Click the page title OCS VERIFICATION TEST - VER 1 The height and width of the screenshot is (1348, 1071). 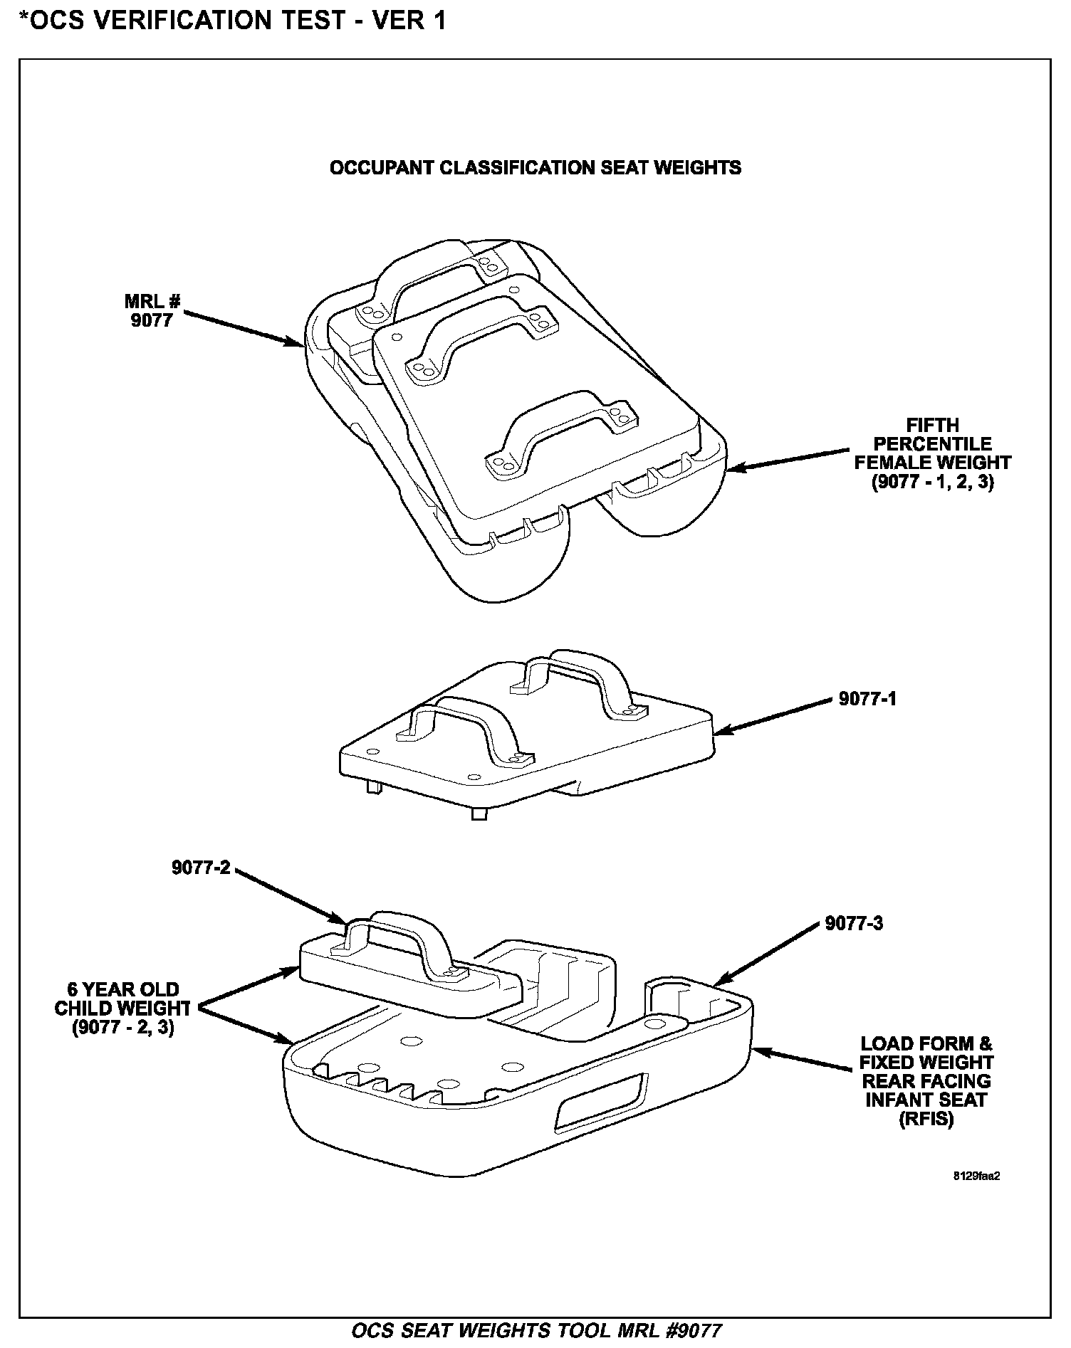[232, 20]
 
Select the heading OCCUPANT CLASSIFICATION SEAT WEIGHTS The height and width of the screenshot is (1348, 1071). [535, 168]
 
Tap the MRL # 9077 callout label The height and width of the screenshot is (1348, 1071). [152, 311]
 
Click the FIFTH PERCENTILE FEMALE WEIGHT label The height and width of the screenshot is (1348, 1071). [932, 453]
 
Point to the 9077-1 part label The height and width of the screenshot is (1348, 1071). [867, 699]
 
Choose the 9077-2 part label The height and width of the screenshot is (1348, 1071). [201, 868]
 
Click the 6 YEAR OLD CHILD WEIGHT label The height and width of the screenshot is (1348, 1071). [122, 1009]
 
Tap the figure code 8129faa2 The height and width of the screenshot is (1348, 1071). [977, 1176]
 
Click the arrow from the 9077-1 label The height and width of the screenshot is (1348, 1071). [773, 715]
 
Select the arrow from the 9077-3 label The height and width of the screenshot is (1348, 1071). [766, 954]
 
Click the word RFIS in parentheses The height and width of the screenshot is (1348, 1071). [925, 1120]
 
